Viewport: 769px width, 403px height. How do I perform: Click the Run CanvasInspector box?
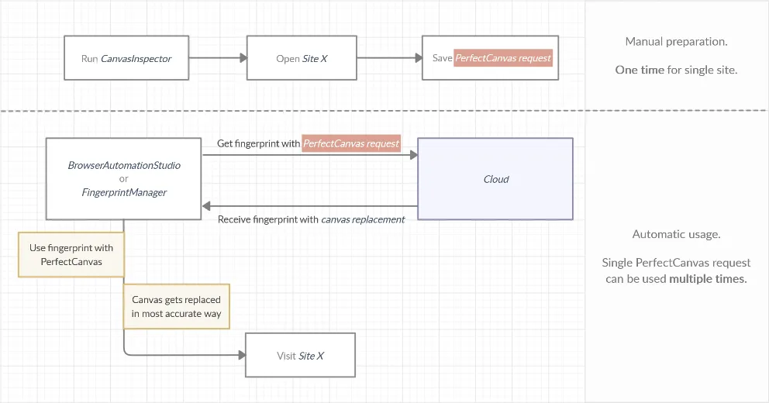coord(126,58)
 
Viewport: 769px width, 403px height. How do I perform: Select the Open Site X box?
coord(302,58)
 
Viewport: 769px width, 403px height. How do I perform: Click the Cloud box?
coord(495,179)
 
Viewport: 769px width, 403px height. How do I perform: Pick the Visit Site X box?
coord(300,356)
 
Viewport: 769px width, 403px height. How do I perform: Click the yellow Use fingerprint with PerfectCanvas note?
coord(71,255)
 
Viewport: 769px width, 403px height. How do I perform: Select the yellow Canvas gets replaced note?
coord(176,307)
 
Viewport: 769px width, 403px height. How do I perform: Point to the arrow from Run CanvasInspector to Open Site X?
coord(217,58)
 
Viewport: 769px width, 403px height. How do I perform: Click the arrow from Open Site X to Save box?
coord(388,58)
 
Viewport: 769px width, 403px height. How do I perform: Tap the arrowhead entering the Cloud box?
coord(413,155)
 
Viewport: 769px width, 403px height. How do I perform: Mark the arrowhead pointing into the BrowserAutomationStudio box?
coord(207,206)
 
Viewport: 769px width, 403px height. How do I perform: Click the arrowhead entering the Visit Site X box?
coord(241,356)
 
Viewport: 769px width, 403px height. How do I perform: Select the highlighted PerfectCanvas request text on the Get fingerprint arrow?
coord(351,143)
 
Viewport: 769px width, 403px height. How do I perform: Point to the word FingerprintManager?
coord(124,192)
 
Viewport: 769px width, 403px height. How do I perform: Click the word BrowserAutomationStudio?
coord(124,166)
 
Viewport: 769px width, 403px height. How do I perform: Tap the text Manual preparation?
coord(676,41)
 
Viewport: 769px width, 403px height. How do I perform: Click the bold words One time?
coord(640,70)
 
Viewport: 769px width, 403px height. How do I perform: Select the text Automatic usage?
coord(676,234)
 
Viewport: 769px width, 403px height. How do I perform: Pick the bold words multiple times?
coord(708,279)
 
